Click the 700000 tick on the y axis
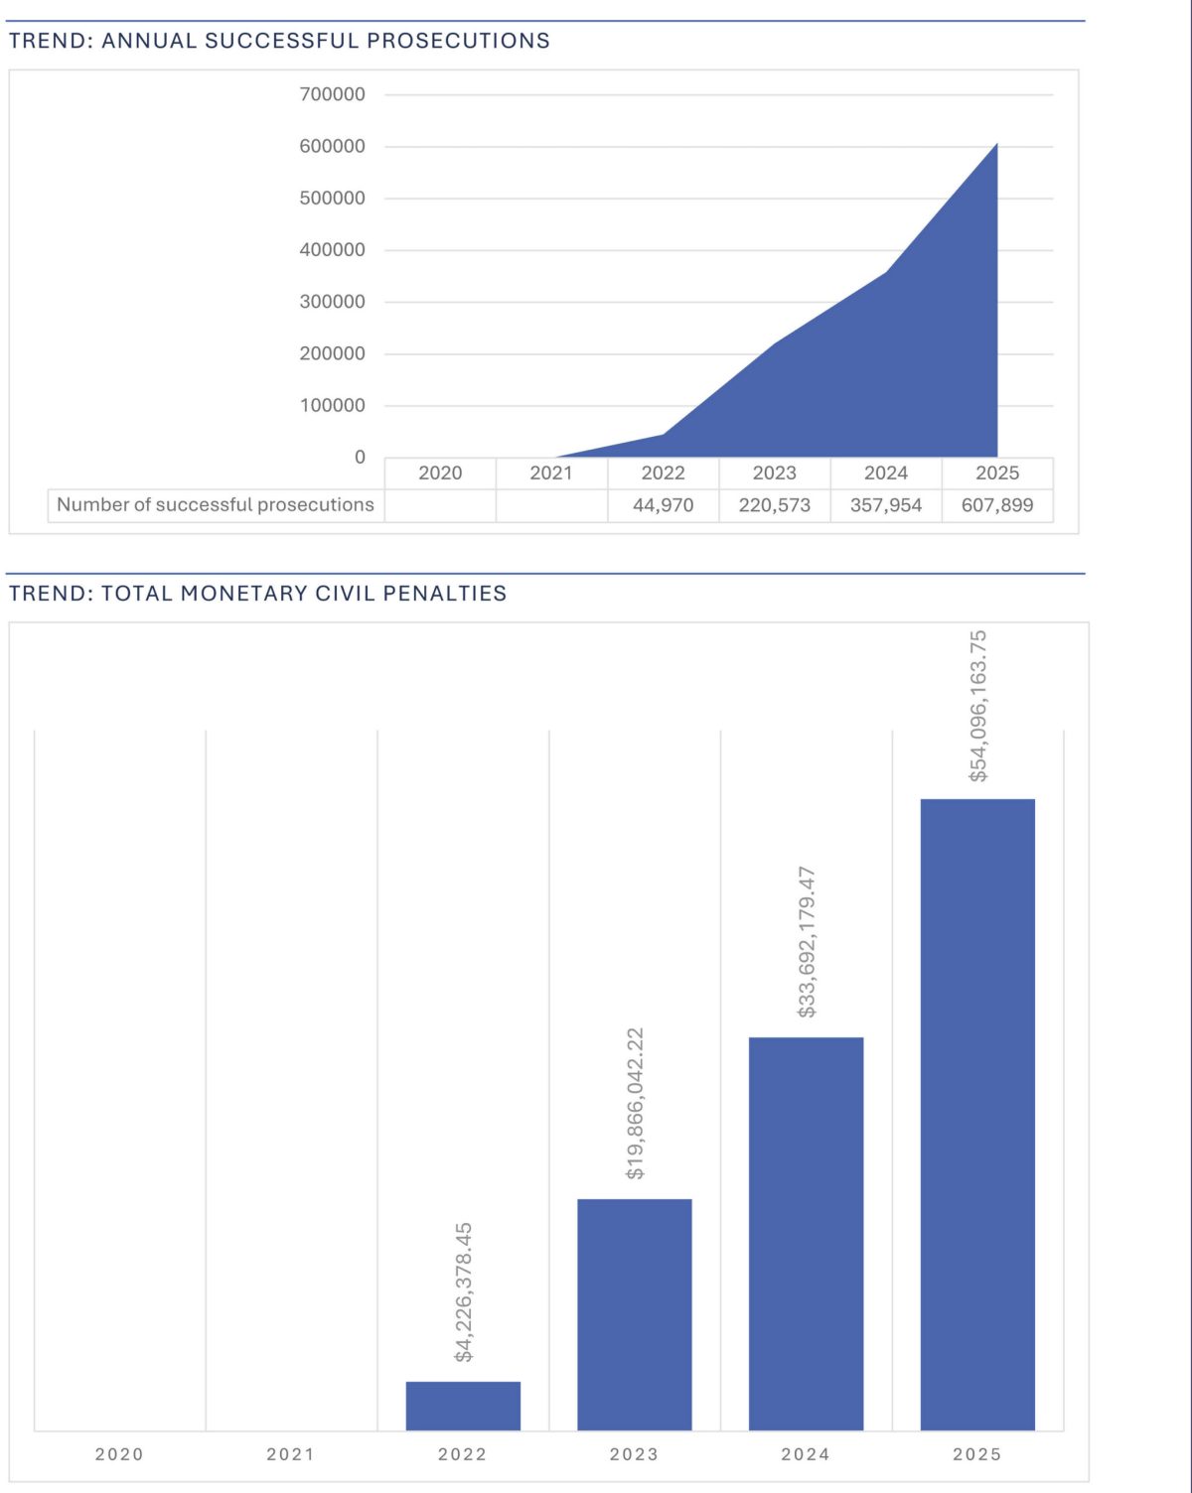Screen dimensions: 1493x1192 pos(332,94)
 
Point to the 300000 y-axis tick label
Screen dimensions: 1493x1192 pos(332,302)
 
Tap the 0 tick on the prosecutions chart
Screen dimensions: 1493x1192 pos(360,457)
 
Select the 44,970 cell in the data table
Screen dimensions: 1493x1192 pos(663,505)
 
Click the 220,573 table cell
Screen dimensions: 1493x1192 pos(774,505)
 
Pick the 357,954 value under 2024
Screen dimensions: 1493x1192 pos(885,505)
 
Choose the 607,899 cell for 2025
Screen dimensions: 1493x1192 pos(996,505)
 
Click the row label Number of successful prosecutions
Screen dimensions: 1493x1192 pos(216,504)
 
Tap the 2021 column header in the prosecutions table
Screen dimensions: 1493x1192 pos(551,474)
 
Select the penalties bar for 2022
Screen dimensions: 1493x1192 pos(463,1406)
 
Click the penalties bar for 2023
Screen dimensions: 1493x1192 pos(634,1314)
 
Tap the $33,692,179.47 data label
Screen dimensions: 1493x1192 pos(807,942)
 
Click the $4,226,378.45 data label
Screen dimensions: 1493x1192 pos(464,1292)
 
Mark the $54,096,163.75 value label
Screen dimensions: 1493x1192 pos(978,706)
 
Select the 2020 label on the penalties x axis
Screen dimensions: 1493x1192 pos(119,1454)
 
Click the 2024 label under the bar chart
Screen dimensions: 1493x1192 pos(806,1454)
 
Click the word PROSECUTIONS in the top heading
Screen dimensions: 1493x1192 pos(458,41)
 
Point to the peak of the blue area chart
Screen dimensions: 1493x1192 pos(996,145)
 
